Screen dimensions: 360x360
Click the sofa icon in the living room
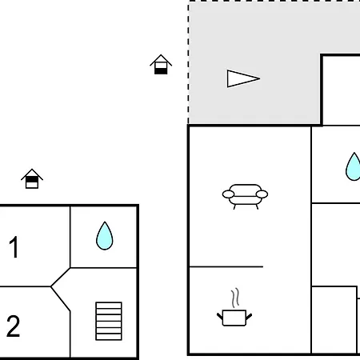(245, 196)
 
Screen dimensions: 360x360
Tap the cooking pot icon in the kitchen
(234, 318)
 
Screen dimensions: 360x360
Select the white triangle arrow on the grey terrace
(243, 78)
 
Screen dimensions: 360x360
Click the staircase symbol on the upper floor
(109, 321)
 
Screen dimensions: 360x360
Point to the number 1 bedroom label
(14, 247)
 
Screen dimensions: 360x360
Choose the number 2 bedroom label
(13, 326)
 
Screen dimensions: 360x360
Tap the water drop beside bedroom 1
(105, 236)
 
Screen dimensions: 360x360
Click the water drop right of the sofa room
(354, 166)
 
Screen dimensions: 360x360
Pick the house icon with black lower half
(161, 65)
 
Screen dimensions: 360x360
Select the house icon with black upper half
(32, 178)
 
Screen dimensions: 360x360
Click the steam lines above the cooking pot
(235, 298)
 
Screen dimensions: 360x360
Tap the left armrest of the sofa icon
(228, 194)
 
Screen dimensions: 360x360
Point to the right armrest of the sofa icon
(262, 194)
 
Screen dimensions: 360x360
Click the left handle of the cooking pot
(220, 317)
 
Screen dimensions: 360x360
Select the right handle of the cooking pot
(249, 317)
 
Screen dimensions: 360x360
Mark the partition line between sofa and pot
(226, 266)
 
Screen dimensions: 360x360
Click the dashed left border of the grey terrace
(189, 62)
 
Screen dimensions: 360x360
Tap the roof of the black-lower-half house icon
(161, 60)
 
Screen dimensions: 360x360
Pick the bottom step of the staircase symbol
(109, 337)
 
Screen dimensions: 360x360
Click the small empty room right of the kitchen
(334, 320)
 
